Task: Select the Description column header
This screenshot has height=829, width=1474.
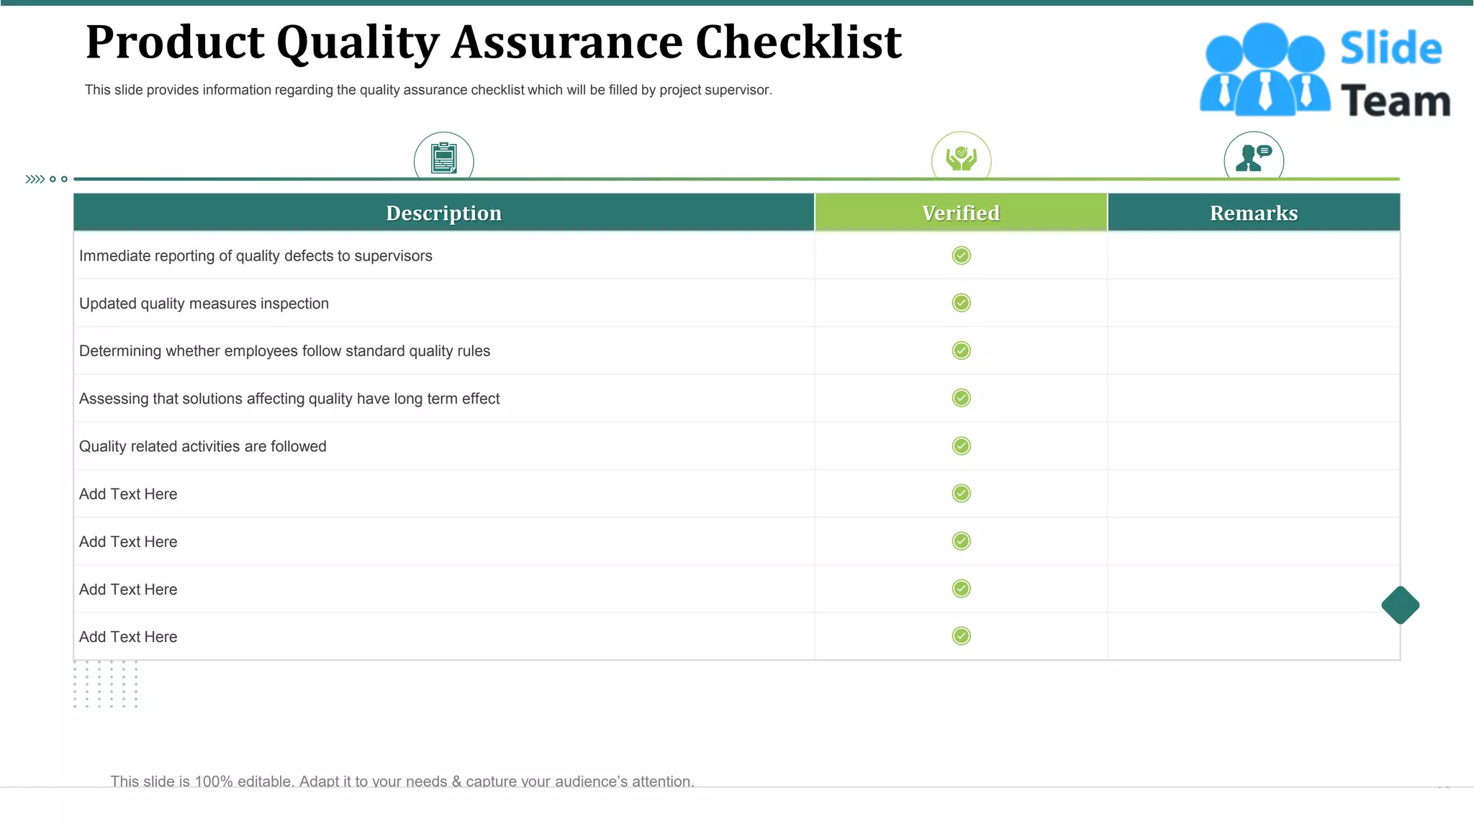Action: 443,213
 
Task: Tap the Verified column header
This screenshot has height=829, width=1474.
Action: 961,213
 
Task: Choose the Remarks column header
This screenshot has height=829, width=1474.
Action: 1254,213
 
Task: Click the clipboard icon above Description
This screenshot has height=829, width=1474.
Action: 444,158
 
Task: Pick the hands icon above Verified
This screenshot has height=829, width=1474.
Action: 961,158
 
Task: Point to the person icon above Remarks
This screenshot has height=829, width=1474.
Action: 1254,157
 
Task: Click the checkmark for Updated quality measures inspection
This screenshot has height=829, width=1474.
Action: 961,303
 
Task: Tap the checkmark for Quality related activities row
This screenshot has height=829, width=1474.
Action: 961,446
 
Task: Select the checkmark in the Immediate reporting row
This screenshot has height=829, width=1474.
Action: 961,255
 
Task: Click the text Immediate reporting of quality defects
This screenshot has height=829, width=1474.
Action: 256,256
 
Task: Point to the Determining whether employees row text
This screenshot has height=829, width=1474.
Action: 284,351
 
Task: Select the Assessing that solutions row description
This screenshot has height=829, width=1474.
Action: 289,399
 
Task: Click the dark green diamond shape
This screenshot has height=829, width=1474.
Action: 1400,605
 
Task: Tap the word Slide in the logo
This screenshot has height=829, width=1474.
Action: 1391,49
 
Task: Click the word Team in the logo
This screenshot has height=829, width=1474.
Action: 1396,101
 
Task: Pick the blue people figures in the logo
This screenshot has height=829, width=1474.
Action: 1265,70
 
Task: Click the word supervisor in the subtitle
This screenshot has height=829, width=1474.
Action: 740,90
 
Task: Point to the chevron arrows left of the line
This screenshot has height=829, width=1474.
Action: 35,179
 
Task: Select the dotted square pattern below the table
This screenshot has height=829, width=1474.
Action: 105,684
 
